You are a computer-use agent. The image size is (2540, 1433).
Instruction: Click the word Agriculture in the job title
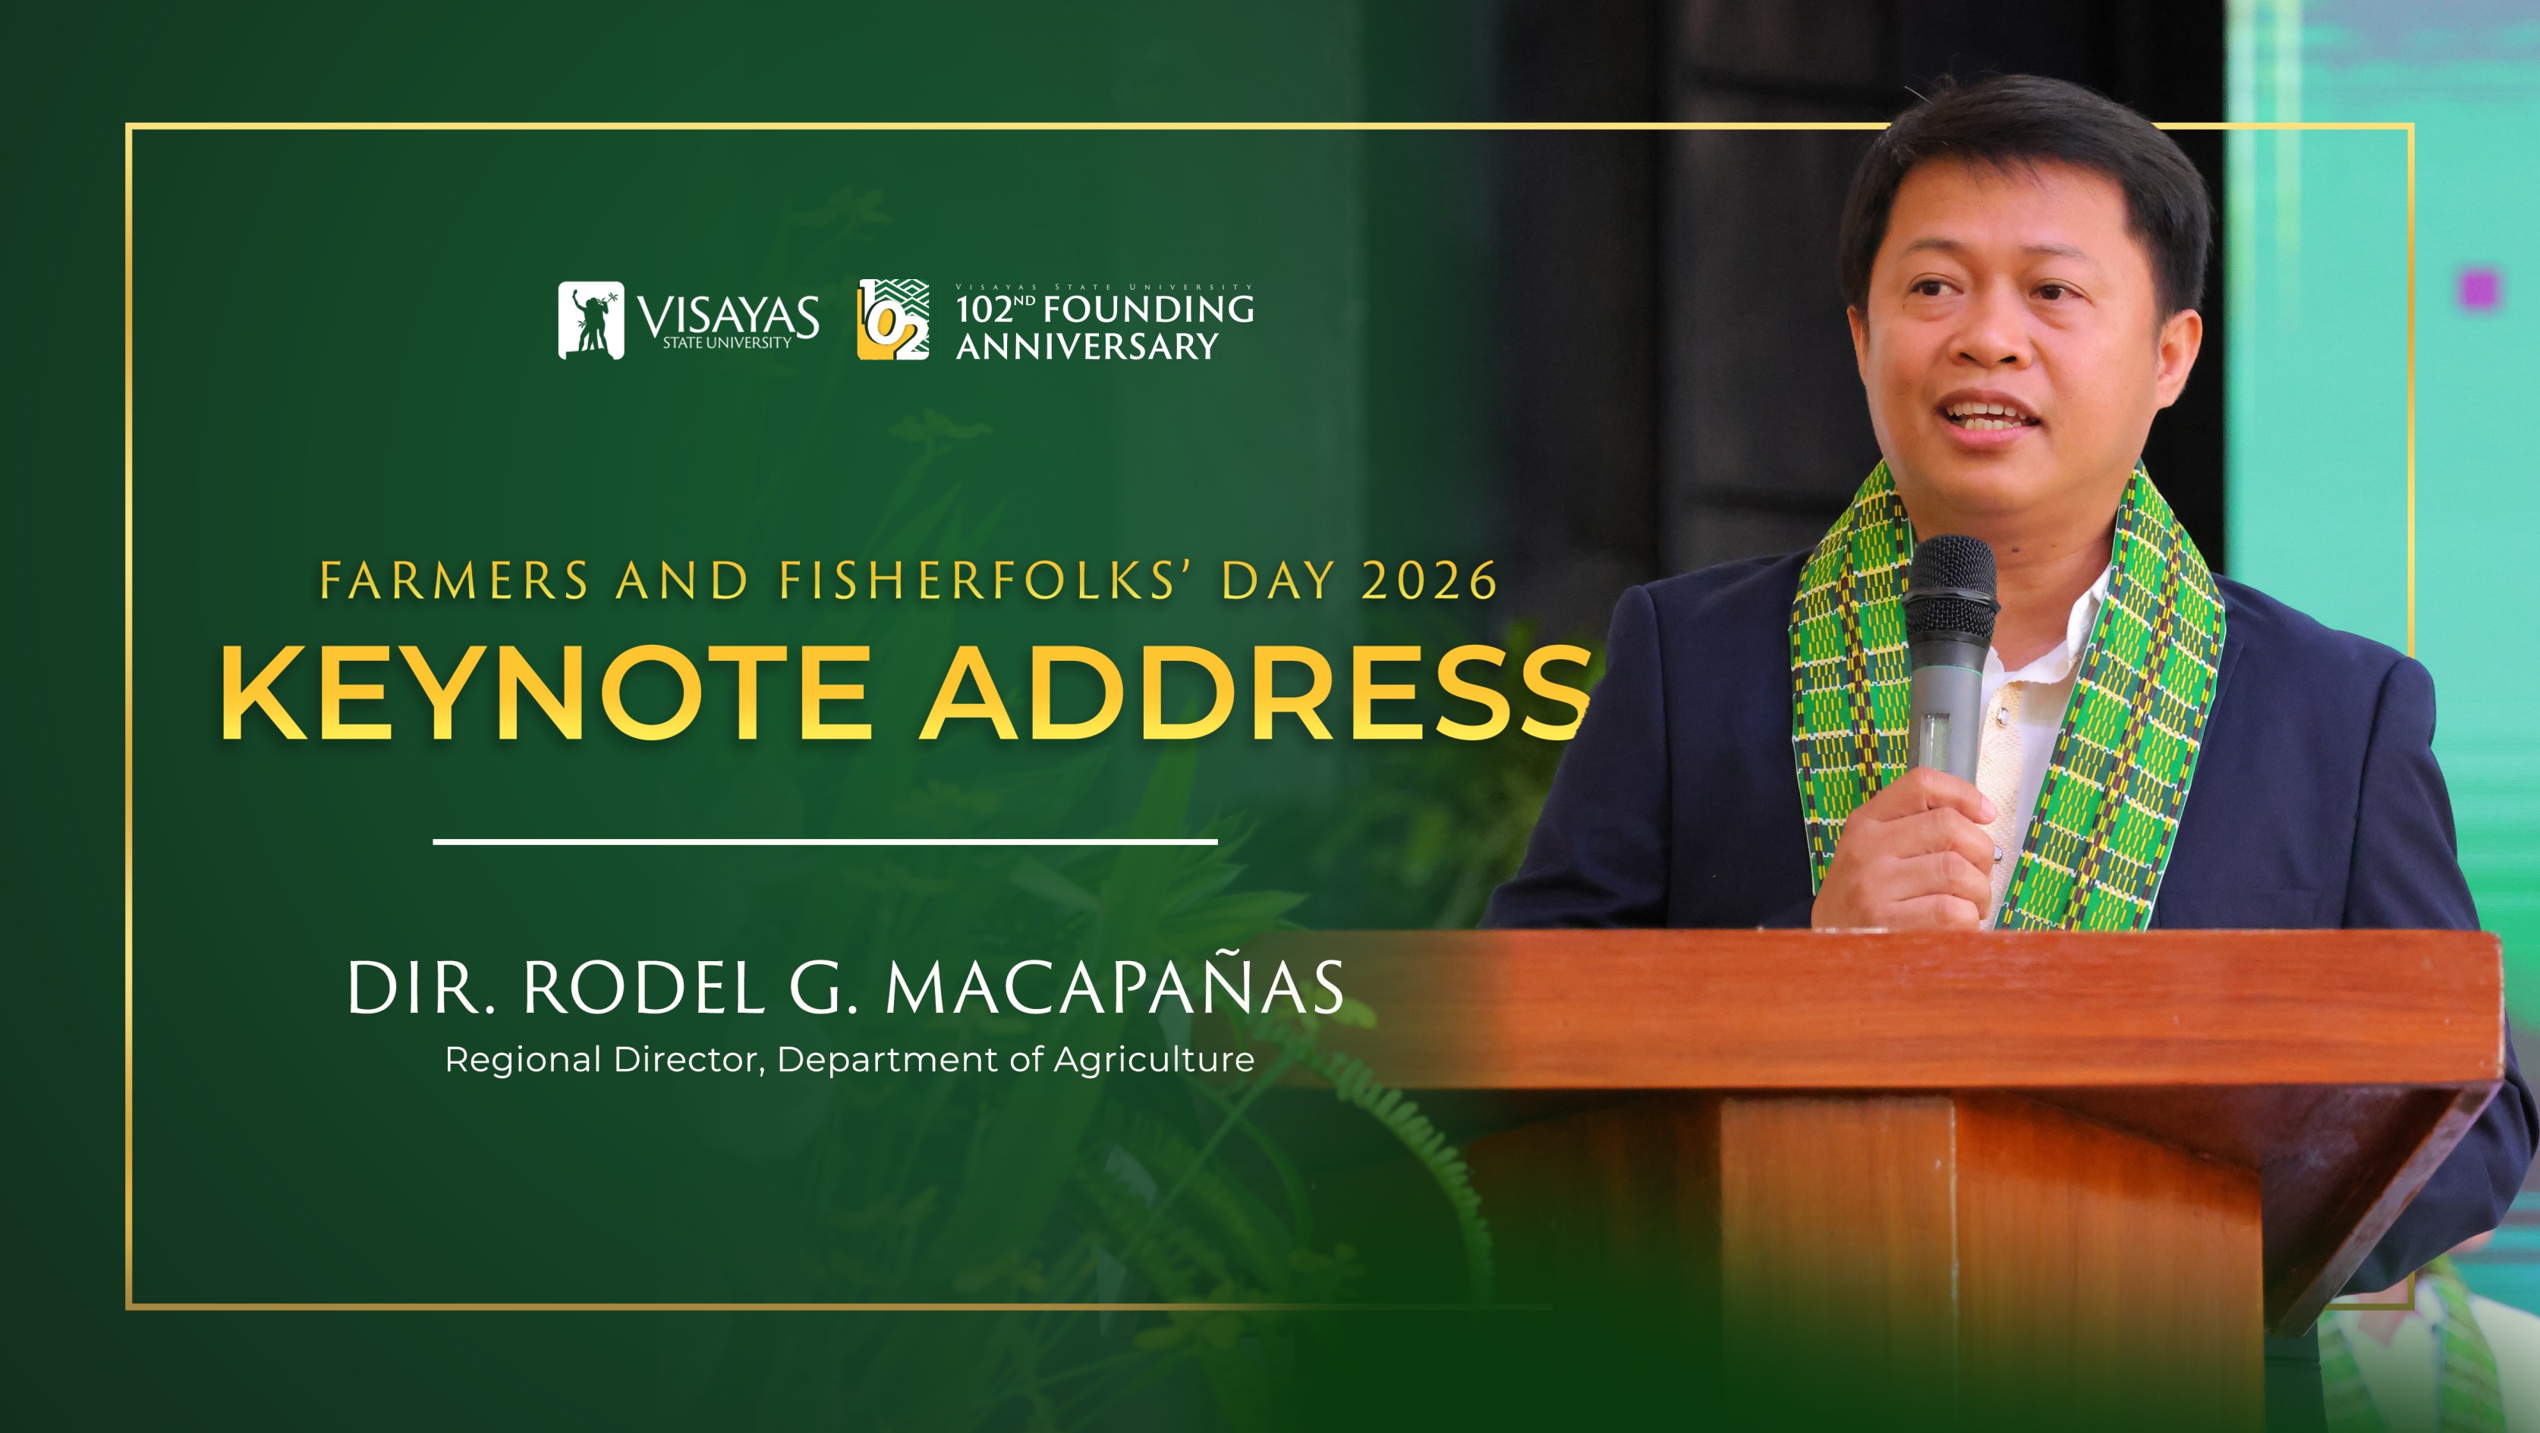click(x=1154, y=1061)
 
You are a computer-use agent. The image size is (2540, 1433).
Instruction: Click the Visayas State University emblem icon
click(x=590, y=320)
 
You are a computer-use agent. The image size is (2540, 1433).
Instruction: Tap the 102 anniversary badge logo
click(x=892, y=320)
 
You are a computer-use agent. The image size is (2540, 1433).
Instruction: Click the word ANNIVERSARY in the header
click(x=1087, y=347)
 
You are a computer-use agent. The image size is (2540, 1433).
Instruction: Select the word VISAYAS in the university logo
click(x=728, y=316)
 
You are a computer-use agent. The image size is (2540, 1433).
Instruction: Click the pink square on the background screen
click(x=2480, y=290)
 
